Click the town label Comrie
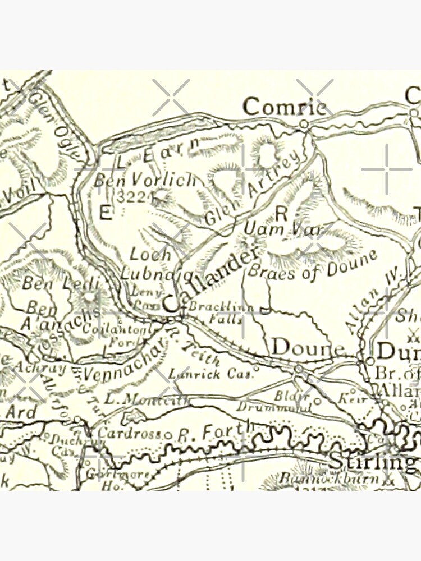pos(285,106)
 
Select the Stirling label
pos(373,462)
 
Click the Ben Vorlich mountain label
pos(145,180)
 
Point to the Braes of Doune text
pos(312,265)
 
